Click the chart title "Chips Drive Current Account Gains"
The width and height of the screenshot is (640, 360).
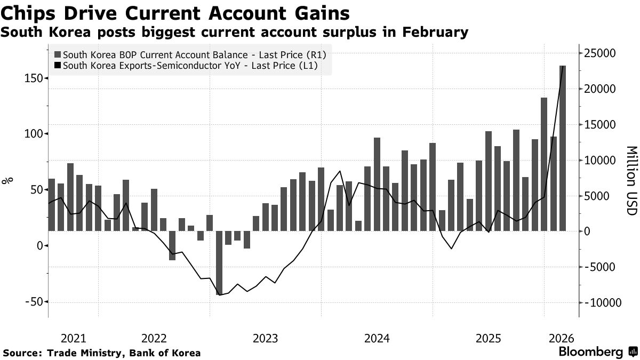click(176, 13)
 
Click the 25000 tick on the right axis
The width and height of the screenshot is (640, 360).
click(601, 53)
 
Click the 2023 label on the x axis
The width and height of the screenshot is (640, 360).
click(265, 338)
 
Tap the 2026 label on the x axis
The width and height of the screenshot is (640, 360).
click(561, 338)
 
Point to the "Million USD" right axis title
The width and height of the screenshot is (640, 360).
click(631, 181)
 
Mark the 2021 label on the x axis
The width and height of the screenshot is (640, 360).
click(74, 338)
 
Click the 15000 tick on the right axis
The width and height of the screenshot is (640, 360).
click(601, 125)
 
